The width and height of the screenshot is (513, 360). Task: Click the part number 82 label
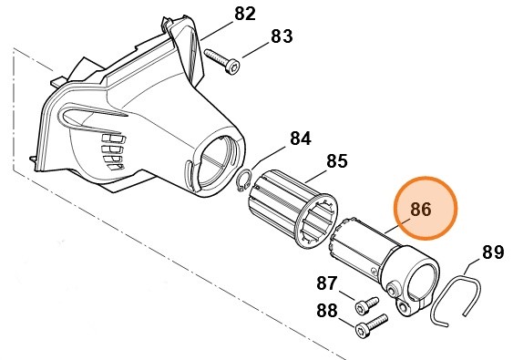(x=245, y=14)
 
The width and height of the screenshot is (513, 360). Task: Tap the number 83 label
(x=282, y=37)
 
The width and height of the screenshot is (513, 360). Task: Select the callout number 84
(x=300, y=139)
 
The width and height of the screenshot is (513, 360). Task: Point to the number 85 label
(x=336, y=161)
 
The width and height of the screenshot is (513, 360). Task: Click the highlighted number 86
(x=421, y=209)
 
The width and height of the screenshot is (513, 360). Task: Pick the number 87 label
(x=327, y=283)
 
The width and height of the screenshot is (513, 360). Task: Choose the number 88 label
(x=327, y=310)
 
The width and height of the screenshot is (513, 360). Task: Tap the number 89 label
(x=492, y=251)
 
